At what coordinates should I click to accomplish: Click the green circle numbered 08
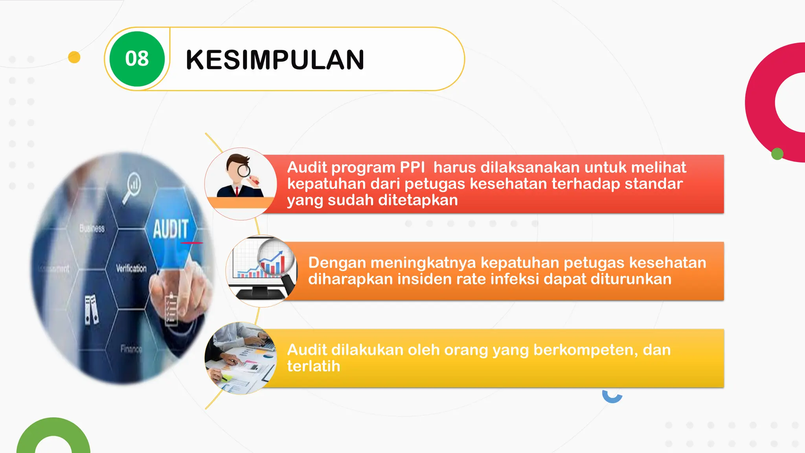click(x=137, y=59)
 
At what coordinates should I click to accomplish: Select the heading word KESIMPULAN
click(x=275, y=60)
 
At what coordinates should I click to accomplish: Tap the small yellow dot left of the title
click(x=74, y=57)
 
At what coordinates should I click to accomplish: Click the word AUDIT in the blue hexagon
click(x=171, y=229)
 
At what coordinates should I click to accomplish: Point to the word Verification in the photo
click(x=131, y=269)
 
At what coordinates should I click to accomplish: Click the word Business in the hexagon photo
click(x=92, y=228)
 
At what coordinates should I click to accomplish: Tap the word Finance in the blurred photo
click(x=131, y=349)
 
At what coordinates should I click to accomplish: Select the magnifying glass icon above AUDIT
click(x=132, y=186)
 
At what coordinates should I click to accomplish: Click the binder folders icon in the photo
click(x=92, y=309)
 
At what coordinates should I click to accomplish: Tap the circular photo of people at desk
click(x=241, y=358)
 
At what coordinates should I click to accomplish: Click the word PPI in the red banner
click(x=412, y=168)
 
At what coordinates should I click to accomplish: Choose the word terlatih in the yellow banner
click(x=313, y=366)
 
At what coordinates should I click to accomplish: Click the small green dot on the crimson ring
click(x=777, y=154)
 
